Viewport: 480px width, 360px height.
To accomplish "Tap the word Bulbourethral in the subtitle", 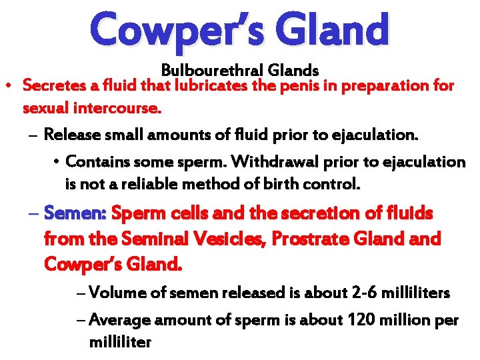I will tap(205, 70).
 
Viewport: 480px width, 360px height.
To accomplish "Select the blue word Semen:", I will tap(76, 214).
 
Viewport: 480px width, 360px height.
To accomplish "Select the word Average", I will tap(117, 320).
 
